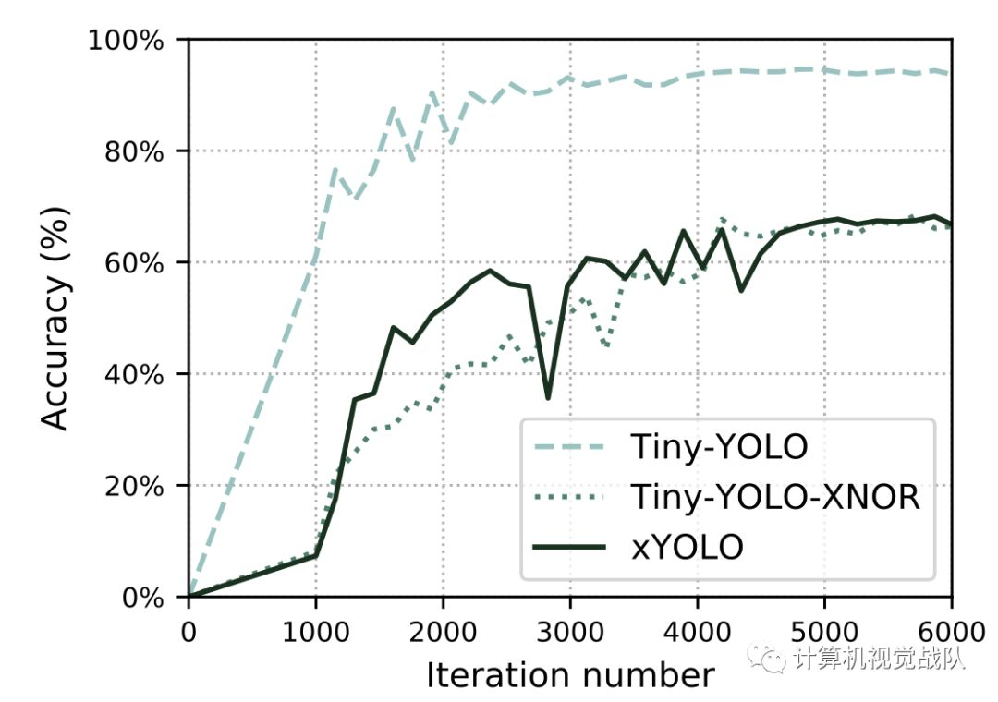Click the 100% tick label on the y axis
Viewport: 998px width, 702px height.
(137, 41)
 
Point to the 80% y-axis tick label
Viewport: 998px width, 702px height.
(143, 151)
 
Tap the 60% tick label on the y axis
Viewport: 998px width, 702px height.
(143, 263)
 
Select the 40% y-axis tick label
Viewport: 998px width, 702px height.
(143, 374)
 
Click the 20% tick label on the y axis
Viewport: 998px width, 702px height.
(143, 486)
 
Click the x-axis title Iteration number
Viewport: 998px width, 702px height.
(570, 675)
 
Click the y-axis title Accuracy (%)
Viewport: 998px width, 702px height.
(57, 319)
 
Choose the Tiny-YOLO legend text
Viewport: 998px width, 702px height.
(719, 448)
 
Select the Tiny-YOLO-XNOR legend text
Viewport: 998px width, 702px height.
(776, 498)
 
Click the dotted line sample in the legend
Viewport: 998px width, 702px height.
(569, 498)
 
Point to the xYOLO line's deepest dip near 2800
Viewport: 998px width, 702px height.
(548, 397)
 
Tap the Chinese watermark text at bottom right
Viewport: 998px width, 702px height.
(878, 658)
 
